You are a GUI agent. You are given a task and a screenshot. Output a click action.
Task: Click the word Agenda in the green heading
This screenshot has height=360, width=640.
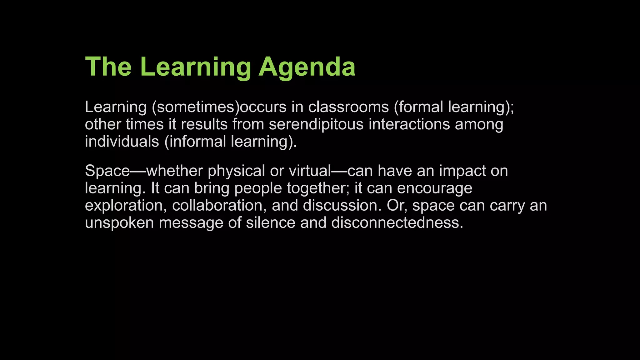(x=307, y=67)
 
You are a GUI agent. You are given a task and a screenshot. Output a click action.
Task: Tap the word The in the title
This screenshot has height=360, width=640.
(x=108, y=67)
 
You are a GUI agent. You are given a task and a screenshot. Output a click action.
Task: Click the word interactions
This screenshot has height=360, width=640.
(x=409, y=124)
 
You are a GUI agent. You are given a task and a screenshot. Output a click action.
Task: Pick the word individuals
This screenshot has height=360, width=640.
(x=122, y=141)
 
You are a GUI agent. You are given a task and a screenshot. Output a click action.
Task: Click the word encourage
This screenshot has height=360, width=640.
(x=435, y=188)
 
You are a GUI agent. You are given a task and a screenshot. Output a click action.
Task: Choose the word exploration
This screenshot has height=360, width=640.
(x=126, y=205)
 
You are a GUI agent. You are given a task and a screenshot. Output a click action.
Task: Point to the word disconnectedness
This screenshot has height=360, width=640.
(x=397, y=223)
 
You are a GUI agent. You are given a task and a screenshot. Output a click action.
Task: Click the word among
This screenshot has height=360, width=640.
(x=479, y=124)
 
